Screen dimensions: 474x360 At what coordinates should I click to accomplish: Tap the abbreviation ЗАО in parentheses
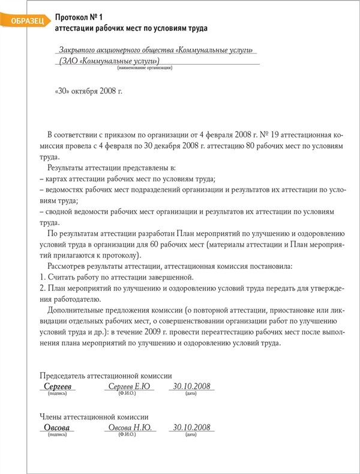pos(71,61)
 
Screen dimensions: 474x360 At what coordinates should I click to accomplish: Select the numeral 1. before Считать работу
pos(43,277)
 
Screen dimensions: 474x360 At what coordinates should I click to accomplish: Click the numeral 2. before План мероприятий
pos(43,288)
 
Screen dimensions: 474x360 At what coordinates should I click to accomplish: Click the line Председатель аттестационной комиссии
pos(105,373)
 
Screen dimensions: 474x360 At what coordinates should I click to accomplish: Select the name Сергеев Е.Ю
pos(127,386)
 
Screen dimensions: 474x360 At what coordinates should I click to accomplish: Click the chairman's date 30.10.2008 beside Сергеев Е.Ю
pos(191,386)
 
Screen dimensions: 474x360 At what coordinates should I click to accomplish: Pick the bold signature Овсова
pos(57,428)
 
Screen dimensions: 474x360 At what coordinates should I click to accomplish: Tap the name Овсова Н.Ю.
pos(128,428)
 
